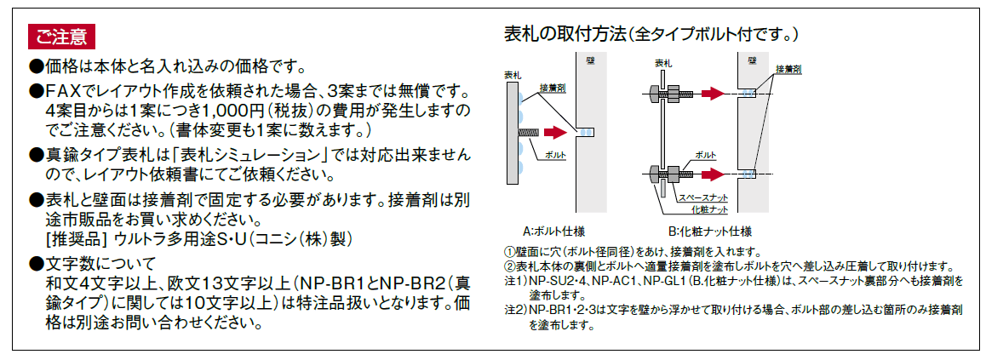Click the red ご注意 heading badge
click(61, 37)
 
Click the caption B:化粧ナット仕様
click(711, 231)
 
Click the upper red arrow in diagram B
click(713, 94)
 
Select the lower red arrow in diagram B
click(713, 174)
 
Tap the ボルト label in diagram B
click(706, 154)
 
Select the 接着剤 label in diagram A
click(552, 89)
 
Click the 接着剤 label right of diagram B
click(788, 68)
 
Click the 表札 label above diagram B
click(662, 63)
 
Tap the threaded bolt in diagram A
click(527, 132)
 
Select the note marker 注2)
click(515, 310)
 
